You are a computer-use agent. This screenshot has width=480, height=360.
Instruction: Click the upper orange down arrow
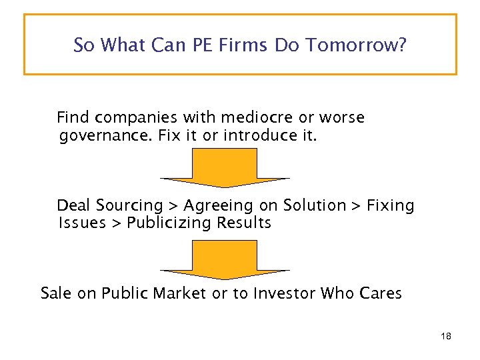(x=225, y=167)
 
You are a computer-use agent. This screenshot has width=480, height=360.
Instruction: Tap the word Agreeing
(x=214, y=206)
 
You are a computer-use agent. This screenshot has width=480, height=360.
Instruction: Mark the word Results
(x=246, y=223)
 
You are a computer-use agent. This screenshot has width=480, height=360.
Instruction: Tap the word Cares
(x=380, y=293)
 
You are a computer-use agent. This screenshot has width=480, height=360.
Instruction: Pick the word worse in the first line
(x=341, y=118)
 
